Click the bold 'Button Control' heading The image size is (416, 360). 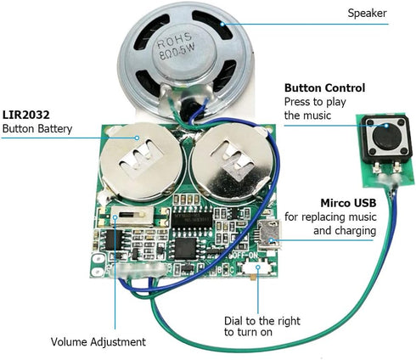pos(324,87)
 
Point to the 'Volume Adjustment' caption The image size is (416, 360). pos(98,341)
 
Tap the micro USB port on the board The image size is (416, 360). pos(273,232)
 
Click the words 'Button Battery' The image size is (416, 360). pos(38,129)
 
